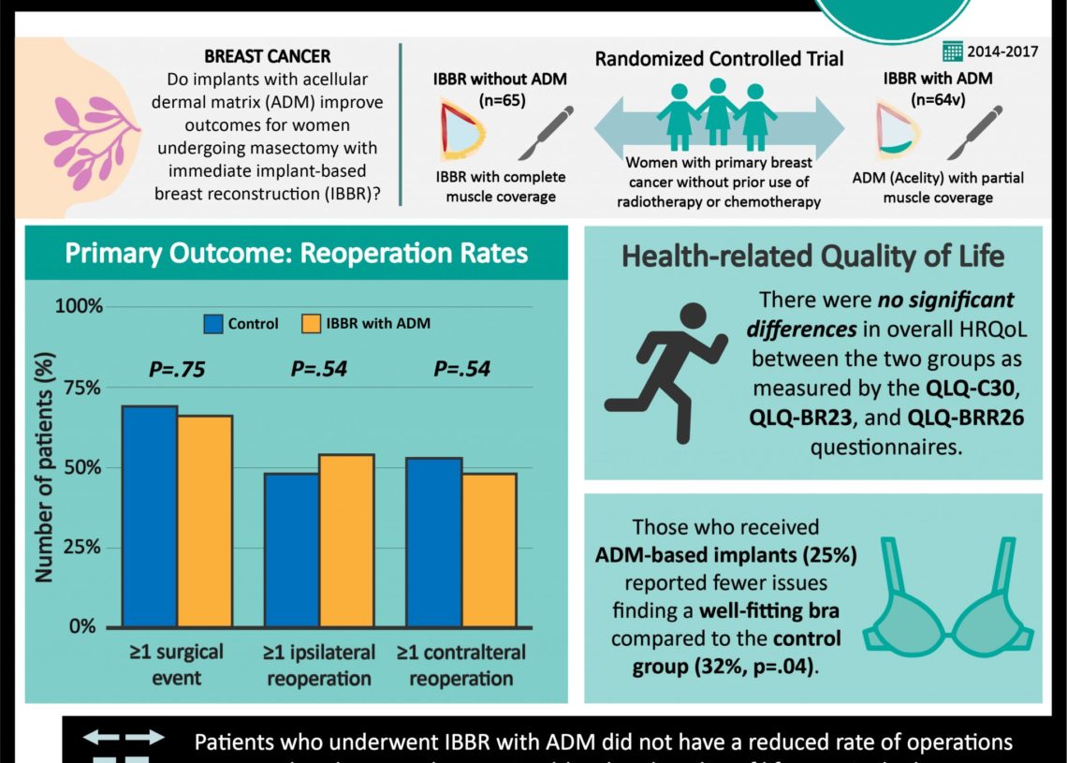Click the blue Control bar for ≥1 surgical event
click(150, 516)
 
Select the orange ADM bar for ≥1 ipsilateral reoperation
click(346, 540)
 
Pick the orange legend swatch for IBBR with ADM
click(311, 324)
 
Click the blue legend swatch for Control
click(212, 324)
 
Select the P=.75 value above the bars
click(177, 369)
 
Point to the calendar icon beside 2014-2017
click(953, 51)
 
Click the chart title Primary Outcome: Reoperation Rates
click(296, 253)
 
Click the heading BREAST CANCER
click(267, 57)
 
